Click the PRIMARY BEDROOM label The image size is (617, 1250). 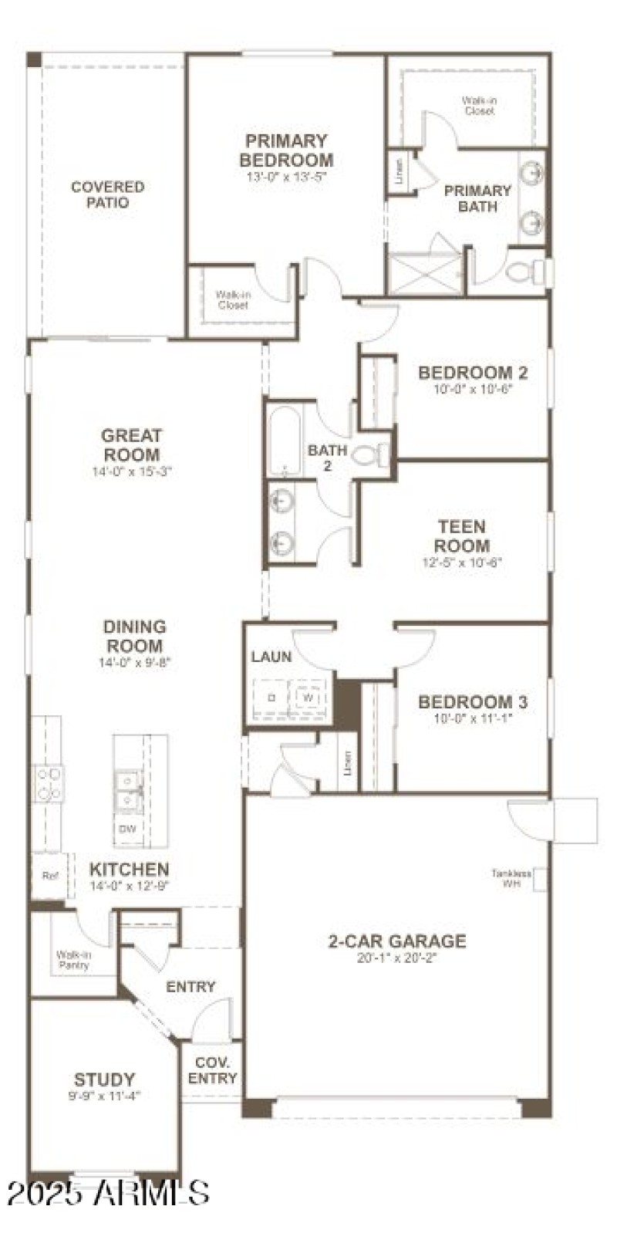(x=286, y=150)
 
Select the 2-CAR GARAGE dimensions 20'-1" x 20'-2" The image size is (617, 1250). (x=396, y=959)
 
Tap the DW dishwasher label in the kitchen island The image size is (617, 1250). (x=127, y=829)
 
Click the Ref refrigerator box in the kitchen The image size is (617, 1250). (x=50, y=876)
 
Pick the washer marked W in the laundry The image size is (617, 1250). (x=308, y=696)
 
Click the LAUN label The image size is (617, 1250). (x=271, y=657)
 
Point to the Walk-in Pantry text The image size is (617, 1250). (x=73, y=960)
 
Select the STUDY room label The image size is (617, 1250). (x=105, y=1079)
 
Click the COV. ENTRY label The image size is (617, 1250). (x=212, y=1070)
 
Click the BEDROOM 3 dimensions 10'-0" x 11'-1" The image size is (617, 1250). (x=473, y=718)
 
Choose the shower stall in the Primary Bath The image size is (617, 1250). (x=425, y=272)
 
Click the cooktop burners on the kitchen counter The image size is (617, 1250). (x=47, y=782)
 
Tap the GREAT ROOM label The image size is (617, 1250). (x=132, y=445)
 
